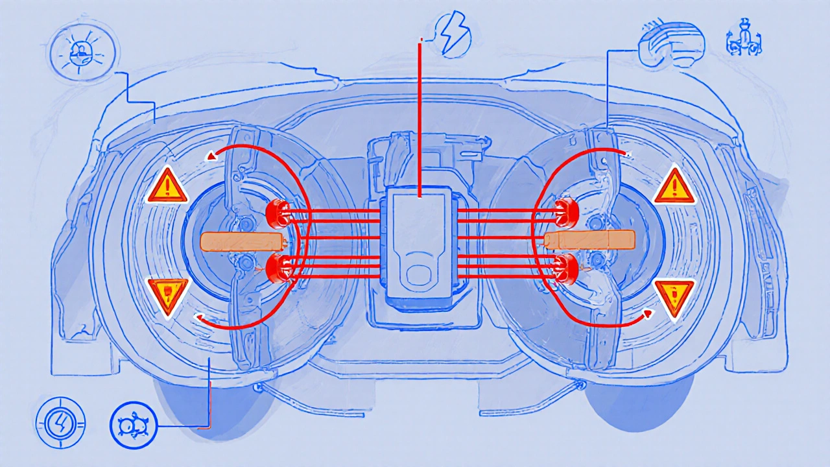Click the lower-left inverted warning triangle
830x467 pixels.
(168, 296)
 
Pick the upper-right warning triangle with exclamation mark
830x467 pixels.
(674, 186)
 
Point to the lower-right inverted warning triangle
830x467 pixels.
(674, 298)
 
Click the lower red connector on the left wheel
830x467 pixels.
(279, 267)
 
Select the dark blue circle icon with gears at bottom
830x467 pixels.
(134, 425)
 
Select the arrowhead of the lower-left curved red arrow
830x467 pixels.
(200, 317)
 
